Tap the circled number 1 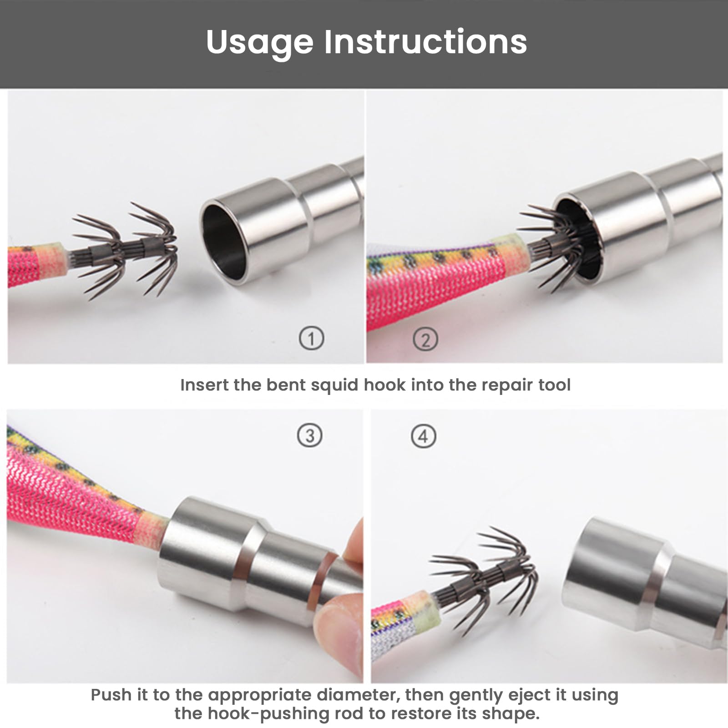(x=312, y=339)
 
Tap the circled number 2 (x=425, y=339)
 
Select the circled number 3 (x=310, y=435)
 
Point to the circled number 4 (x=424, y=436)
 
